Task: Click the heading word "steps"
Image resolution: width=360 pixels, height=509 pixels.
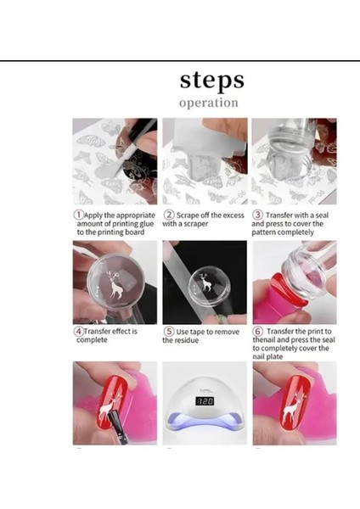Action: (212, 81)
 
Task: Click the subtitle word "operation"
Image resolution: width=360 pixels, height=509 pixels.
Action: (209, 103)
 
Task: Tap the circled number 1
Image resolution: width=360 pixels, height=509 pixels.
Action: (78, 215)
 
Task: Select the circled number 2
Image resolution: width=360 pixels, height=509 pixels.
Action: (169, 215)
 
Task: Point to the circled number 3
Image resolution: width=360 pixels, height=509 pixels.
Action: (257, 215)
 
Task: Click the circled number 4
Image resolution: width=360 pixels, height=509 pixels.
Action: (78, 332)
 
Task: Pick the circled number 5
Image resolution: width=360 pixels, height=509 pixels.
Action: (169, 332)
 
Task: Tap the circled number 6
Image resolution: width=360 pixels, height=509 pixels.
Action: (257, 332)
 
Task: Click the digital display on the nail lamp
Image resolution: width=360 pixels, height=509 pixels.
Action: (205, 401)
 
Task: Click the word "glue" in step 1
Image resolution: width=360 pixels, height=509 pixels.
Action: (147, 224)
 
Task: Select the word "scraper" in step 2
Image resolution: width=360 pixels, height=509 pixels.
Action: (196, 224)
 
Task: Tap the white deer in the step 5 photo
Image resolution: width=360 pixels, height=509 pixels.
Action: (206, 282)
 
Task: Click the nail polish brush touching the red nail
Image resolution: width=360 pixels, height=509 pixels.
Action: (116, 425)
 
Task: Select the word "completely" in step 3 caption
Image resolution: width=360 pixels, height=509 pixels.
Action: (299, 232)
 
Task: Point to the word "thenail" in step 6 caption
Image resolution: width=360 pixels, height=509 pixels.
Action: (264, 340)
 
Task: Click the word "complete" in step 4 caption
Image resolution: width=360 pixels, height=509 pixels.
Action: (92, 340)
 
